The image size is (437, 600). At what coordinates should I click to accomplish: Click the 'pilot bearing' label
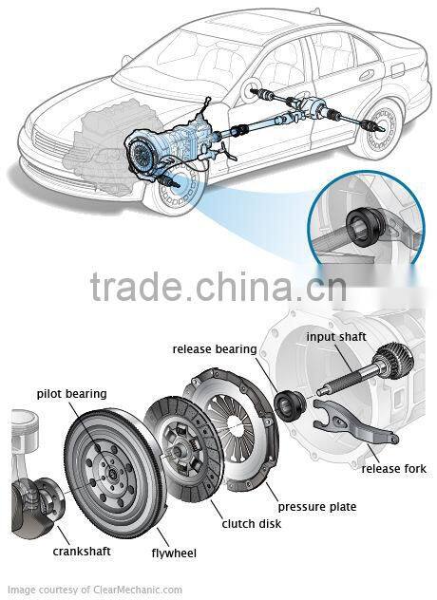pos(71,393)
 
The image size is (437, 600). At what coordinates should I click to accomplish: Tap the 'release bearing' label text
pos(214,348)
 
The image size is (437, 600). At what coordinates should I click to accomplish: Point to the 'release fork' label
pos(393,469)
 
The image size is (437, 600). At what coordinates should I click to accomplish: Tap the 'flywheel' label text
pos(174,553)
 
